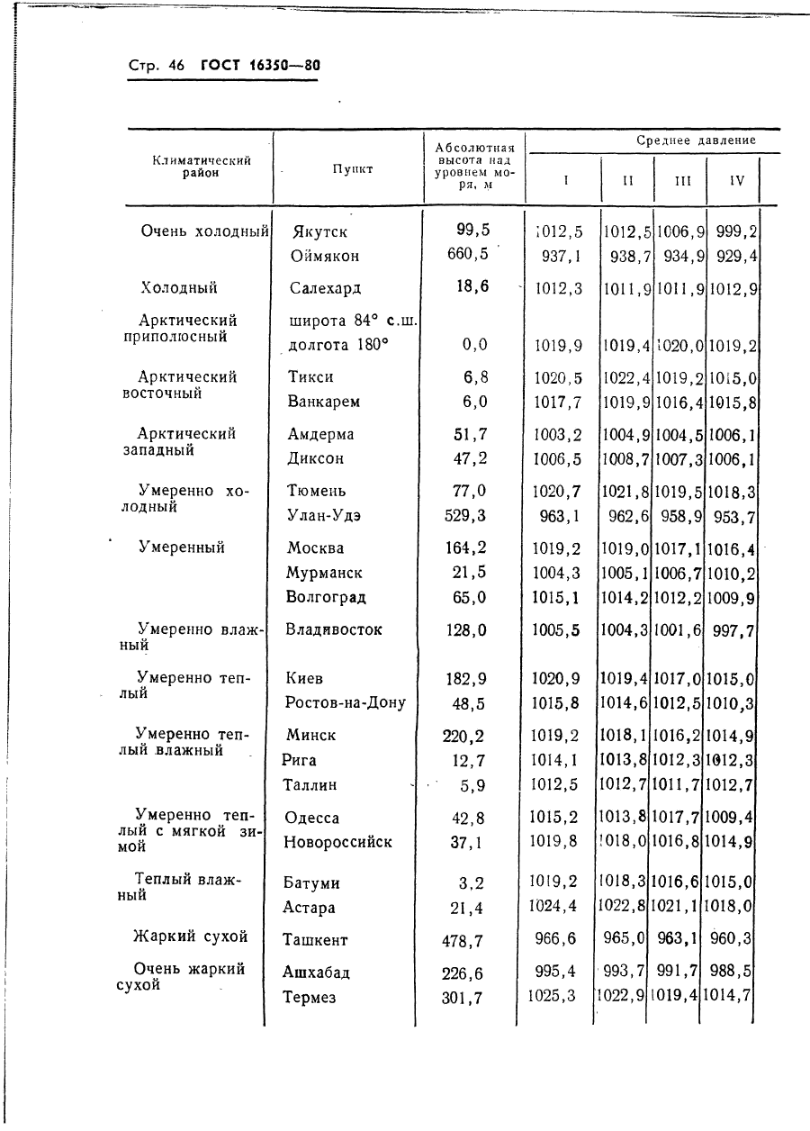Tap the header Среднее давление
click(x=696, y=140)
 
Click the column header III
click(x=682, y=180)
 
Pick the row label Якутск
click(x=319, y=231)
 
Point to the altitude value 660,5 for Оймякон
click(x=468, y=254)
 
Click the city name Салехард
click(x=325, y=289)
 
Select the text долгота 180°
click(x=337, y=344)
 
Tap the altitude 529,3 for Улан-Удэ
click(x=465, y=516)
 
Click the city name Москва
click(x=315, y=548)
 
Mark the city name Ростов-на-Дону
click(x=345, y=702)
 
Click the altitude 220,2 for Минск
click(x=463, y=736)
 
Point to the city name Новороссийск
click(x=337, y=843)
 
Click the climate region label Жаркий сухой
click(x=190, y=936)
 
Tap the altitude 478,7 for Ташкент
click(x=463, y=941)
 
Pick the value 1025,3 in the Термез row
click(x=552, y=996)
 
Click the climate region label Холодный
click(x=179, y=288)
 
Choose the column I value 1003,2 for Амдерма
click(x=557, y=434)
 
